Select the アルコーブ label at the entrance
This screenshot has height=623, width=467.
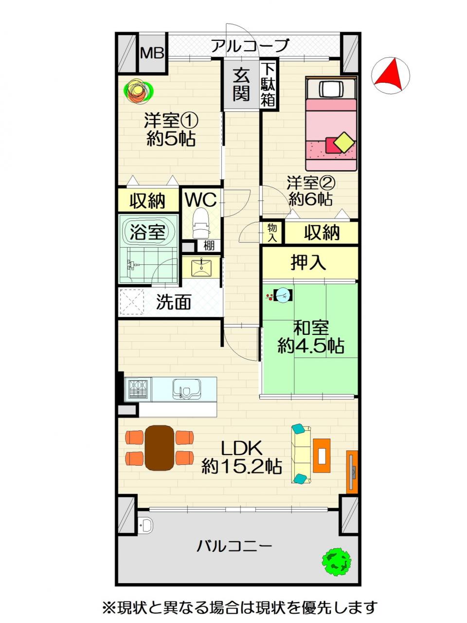pyautogui.click(x=250, y=45)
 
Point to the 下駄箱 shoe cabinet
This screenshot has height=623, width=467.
pyautogui.click(x=268, y=84)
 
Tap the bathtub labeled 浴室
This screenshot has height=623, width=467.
pyautogui.click(x=147, y=232)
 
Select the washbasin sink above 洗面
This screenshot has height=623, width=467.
pyautogui.click(x=201, y=267)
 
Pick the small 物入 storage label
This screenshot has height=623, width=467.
pyautogui.click(x=272, y=233)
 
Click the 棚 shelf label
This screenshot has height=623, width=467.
pyautogui.click(x=209, y=245)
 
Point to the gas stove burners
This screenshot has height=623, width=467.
pyautogui.click(x=138, y=389)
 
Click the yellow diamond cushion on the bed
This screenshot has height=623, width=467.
pyautogui.click(x=344, y=142)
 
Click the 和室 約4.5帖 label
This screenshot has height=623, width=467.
pyautogui.click(x=311, y=337)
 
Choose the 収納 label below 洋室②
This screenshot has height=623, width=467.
pyautogui.click(x=322, y=233)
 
